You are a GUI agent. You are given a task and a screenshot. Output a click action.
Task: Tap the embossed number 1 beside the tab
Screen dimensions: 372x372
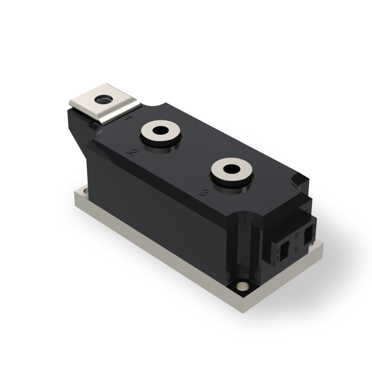coord(127,118)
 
